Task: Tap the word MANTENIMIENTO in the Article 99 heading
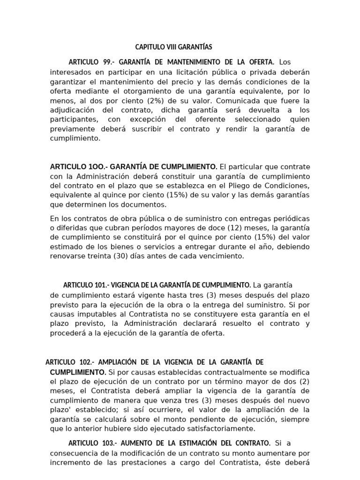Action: pyautogui.click(x=188, y=62)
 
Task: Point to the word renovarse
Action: pyautogui.click(x=67, y=256)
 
